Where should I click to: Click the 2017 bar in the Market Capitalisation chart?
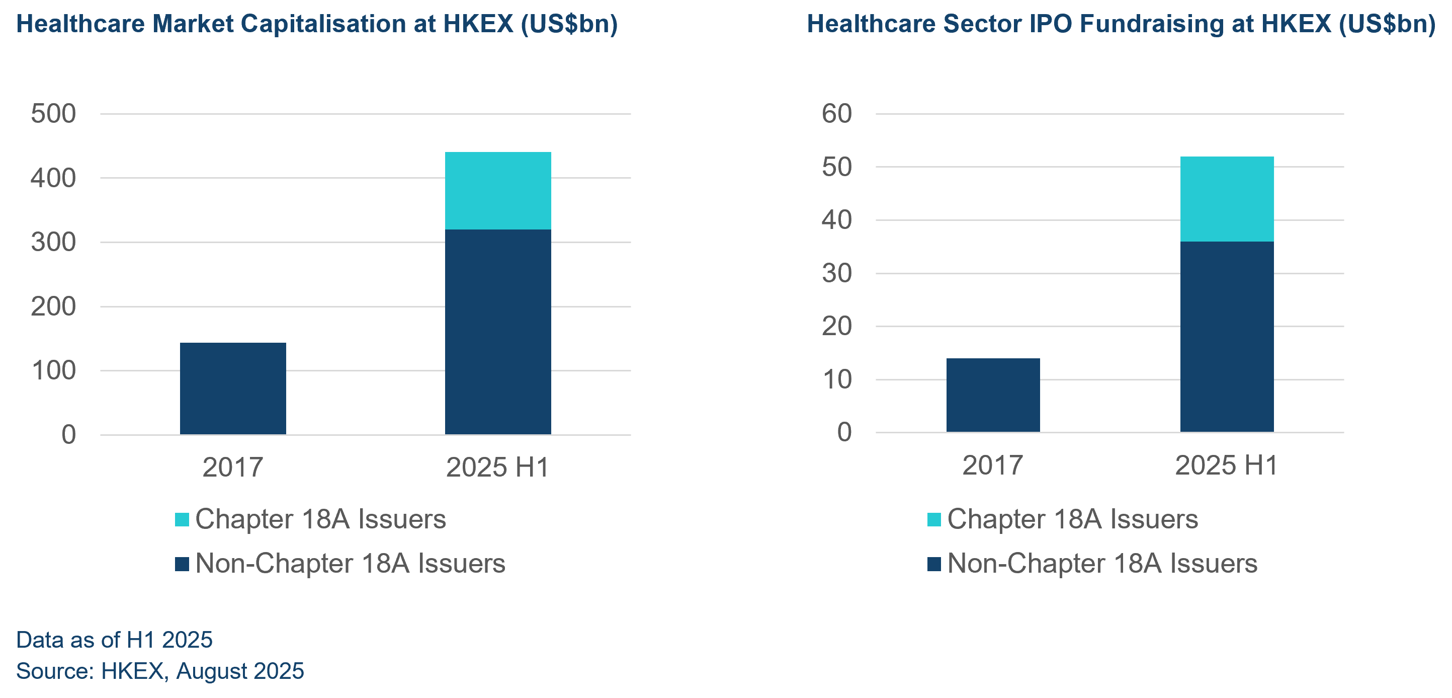(x=233, y=389)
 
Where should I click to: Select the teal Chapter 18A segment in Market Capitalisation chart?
(x=498, y=191)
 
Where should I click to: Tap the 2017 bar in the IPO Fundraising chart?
(x=993, y=395)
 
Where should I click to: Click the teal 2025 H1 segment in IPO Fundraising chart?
(x=1227, y=199)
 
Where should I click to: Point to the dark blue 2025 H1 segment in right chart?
(x=1227, y=337)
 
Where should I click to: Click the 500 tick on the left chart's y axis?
(x=53, y=114)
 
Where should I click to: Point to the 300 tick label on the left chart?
(x=53, y=243)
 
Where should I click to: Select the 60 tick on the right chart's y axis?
(x=836, y=114)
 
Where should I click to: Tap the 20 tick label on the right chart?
(x=836, y=327)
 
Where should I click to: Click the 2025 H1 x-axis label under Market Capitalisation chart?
(x=497, y=468)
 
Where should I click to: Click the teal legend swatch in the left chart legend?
(x=182, y=519)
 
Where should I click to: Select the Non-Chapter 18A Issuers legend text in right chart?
(x=1102, y=563)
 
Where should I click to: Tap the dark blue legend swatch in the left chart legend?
(x=182, y=564)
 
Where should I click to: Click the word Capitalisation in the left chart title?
(x=323, y=24)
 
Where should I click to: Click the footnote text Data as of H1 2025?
(x=115, y=640)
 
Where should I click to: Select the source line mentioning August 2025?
(x=160, y=671)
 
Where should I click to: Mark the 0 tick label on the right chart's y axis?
(x=844, y=432)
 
